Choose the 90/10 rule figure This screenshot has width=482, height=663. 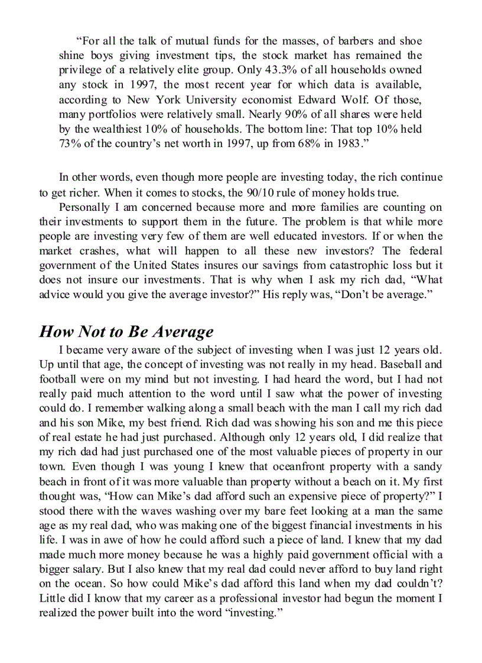tap(280, 192)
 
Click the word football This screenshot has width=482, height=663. tap(58, 379)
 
